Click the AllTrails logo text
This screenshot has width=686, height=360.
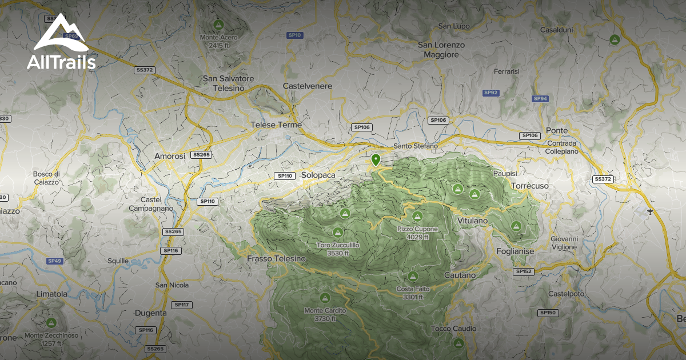click(61, 62)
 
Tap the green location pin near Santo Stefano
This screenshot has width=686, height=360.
click(376, 160)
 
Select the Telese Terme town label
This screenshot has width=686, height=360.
click(276, 125)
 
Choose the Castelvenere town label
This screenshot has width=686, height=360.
click(308, 86)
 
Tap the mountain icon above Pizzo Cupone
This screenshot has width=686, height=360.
click(417, 217)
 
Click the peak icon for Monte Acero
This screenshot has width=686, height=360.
click(218, 25)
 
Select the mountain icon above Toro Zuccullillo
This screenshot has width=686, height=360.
click(337, 233)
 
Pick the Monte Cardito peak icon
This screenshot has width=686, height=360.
click(325, 298)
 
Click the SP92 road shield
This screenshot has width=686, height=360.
click(491, 93)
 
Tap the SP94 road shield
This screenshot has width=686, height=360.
click(540, 99)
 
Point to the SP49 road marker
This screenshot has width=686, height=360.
click(54, 261)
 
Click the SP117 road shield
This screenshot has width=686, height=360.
click(181, 305)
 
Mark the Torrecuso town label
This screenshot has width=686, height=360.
click(529, 186)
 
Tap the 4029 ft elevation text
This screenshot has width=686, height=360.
click(418, 237)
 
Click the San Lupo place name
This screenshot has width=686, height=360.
click(453, 26)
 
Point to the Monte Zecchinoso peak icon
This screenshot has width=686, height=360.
click(51, 323)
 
